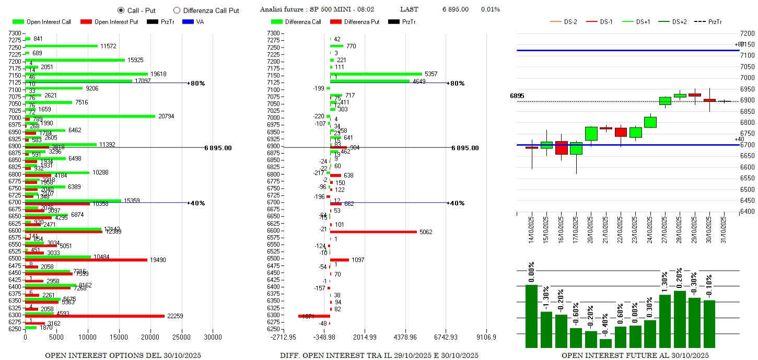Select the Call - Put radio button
(x=121, y=10)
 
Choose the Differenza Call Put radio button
(x=177, y=10)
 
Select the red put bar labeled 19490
(x=86, y=260)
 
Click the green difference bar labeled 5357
(x=376, y=74)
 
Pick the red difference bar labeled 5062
(x=373, y=231)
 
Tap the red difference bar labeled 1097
(x=339, y=260)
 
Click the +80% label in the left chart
(x=197, y=83)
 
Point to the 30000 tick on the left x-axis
(x=213, y=337)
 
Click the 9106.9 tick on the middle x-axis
(x=486, y=337)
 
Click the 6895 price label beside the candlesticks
(x=517, y=96)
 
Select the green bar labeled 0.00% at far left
(x=531, y=316)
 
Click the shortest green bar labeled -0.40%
(x=591, y=343)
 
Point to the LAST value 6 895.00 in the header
(x=455, y=9)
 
